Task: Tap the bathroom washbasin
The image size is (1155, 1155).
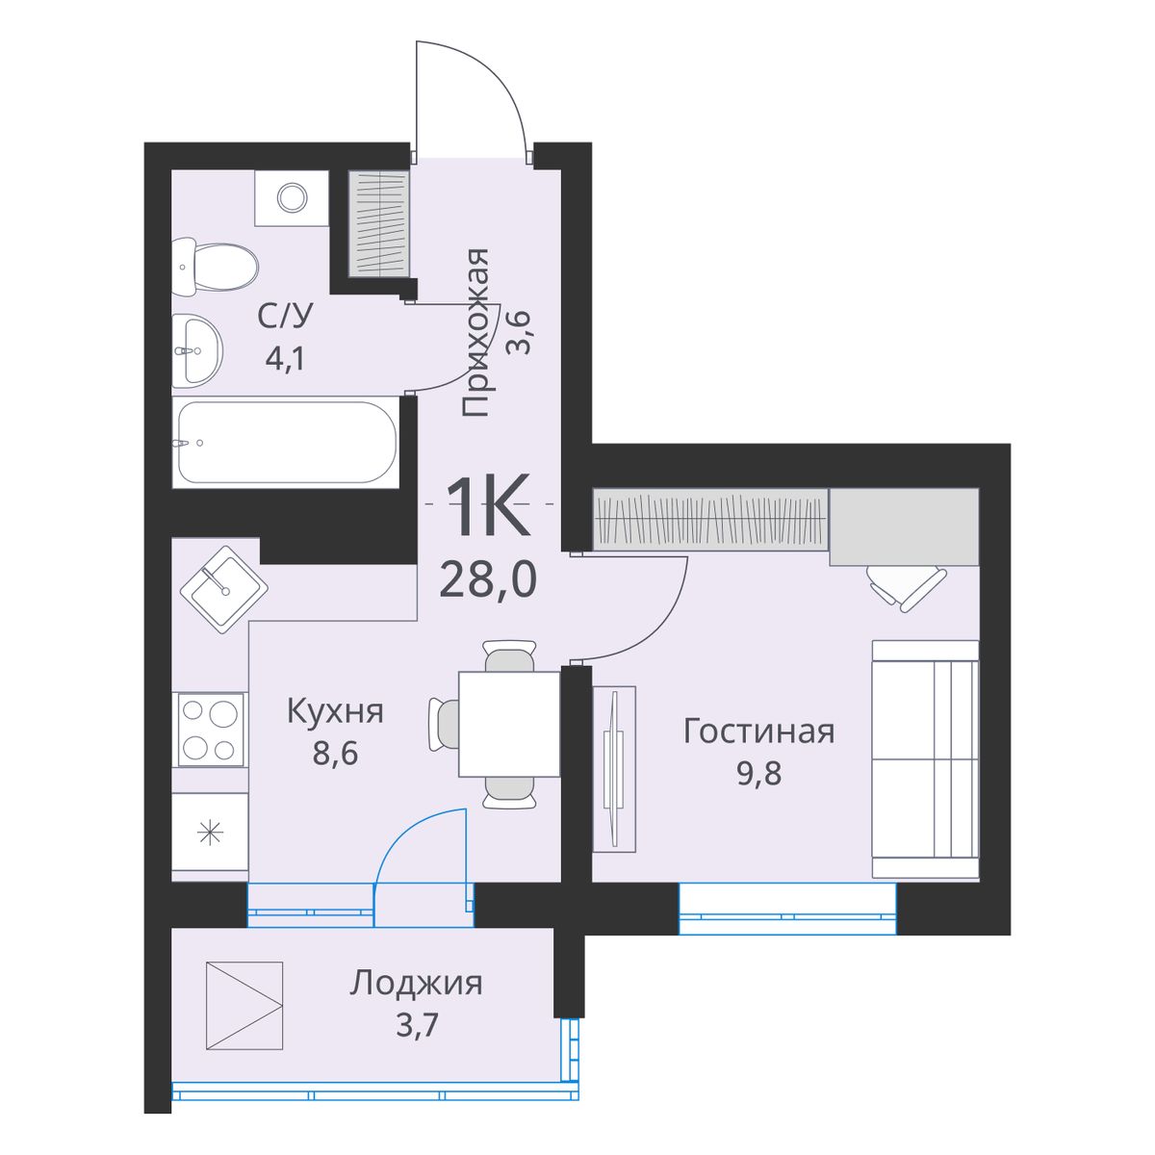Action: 197,350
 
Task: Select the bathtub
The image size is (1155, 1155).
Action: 286,443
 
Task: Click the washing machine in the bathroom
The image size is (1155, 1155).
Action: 291,198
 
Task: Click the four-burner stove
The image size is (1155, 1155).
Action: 210,731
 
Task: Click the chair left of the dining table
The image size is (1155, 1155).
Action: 444,724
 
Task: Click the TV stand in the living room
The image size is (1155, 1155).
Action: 613,768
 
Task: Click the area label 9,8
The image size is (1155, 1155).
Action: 758,773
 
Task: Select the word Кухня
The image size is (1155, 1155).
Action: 335,712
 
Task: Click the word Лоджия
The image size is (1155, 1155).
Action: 416,984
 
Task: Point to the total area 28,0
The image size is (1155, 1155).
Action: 487,580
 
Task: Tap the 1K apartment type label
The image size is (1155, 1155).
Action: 487,507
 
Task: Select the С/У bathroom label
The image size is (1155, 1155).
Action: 286,317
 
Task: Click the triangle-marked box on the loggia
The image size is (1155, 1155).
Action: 244,1006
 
